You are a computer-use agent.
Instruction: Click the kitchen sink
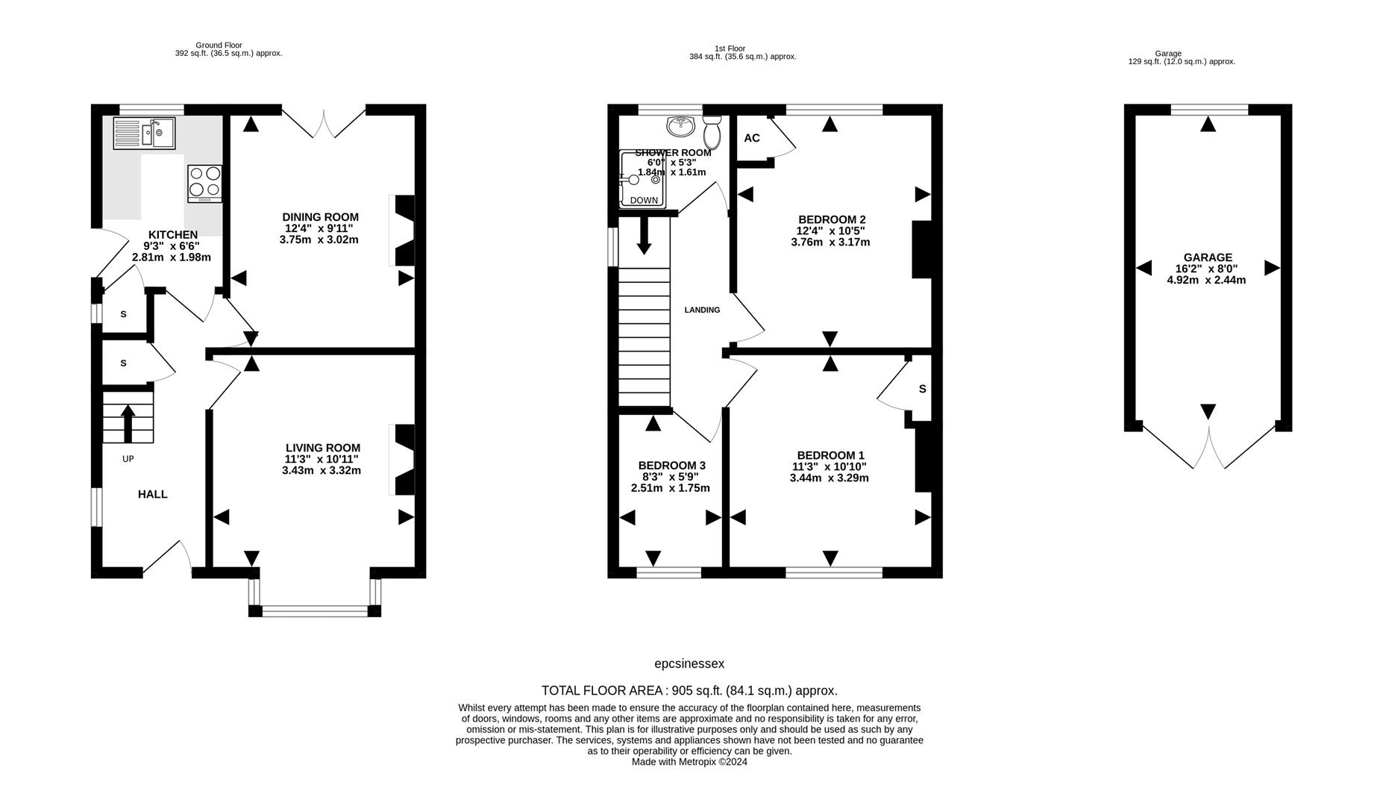point(144,134)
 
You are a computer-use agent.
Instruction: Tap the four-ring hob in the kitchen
point(204,184)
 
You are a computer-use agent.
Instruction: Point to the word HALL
point(153,494)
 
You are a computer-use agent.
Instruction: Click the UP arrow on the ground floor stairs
point(128,424)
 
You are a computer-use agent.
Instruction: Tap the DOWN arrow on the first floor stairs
point(644,236)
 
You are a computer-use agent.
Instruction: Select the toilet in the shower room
point(712,131)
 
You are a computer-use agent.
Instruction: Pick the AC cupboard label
point(752,138)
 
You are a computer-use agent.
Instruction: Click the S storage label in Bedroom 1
point(923,389)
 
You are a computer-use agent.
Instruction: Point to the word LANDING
point(702,310)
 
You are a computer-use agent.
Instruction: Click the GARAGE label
point(1208,257)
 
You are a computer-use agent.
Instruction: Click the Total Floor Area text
point(689,690)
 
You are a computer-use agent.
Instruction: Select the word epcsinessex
point(689,664)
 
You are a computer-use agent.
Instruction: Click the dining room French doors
point(324,124)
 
